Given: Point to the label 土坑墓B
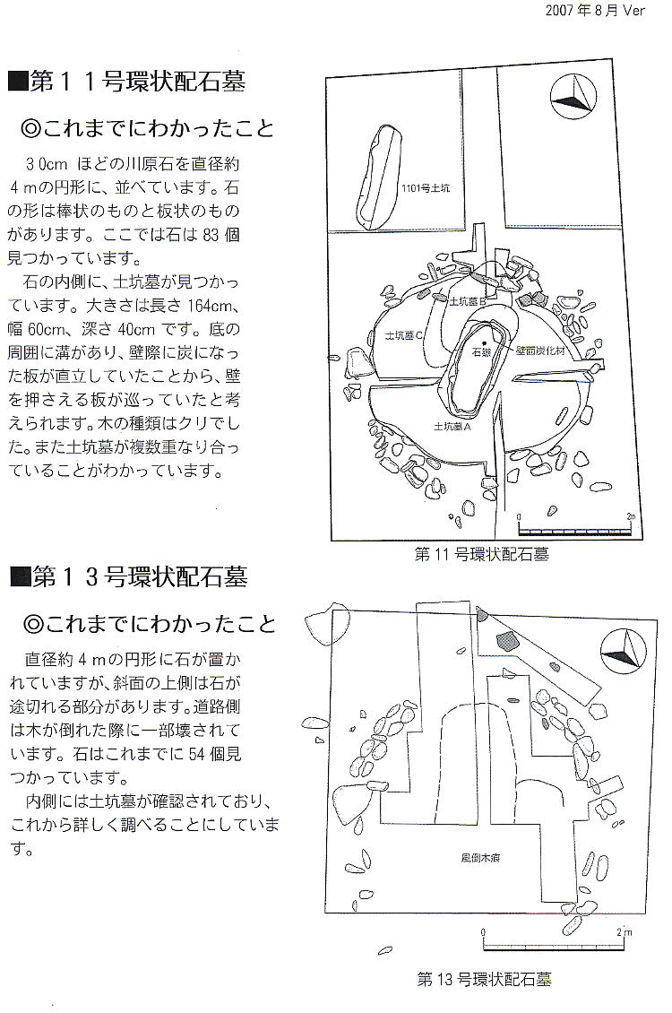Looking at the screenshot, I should (466, 303).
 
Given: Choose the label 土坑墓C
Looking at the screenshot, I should (403, 334).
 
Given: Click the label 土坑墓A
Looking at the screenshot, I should (452, 427).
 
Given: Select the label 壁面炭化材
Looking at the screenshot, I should (538, 352).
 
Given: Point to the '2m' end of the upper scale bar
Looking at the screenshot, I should (631, 517).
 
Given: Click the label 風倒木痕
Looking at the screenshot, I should (470, 858).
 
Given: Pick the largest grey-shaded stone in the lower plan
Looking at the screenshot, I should (507, 640).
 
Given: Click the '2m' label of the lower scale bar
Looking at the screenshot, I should (625, 931).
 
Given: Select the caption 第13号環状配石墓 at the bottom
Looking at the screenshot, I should (484, 979).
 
